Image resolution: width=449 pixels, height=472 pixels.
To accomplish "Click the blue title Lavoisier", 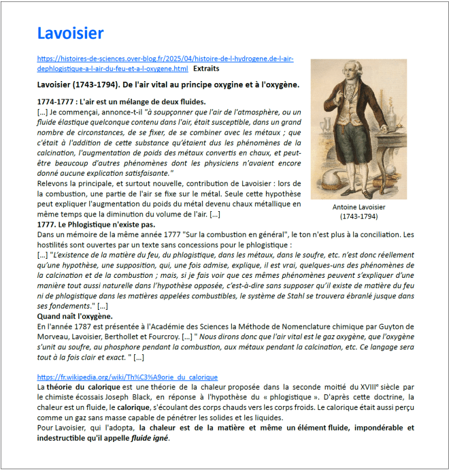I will (70, 33).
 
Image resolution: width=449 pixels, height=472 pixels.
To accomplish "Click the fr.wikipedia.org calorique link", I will (127, 377).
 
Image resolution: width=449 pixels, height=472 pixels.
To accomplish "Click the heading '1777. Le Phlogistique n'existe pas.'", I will (96, 224).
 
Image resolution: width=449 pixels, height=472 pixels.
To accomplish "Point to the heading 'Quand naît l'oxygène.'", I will (74, 317).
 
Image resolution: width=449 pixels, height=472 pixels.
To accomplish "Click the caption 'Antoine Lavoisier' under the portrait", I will (359, 207).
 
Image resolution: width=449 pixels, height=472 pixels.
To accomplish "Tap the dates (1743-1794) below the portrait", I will (359, 216).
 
